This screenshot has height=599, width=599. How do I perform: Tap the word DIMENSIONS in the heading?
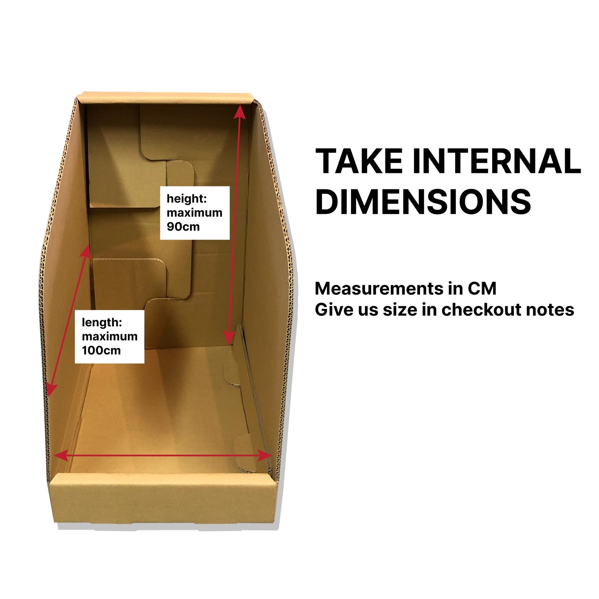tap(423, 202)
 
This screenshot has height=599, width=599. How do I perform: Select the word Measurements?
tap(379, 289)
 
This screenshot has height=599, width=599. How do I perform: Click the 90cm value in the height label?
tap(183, 227)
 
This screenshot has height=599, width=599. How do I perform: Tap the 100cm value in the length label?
tap(101, 350)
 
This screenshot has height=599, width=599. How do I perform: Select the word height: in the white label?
tap(187, 199)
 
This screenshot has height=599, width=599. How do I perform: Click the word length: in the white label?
tap(102, 322)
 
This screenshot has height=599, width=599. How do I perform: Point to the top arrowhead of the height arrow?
tap(240, 112)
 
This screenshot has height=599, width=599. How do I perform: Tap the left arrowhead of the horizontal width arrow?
tap(61, 456)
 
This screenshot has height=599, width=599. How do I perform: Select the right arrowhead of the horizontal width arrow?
tap(265, 456)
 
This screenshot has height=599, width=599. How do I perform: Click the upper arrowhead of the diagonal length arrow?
tap(86, 252)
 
